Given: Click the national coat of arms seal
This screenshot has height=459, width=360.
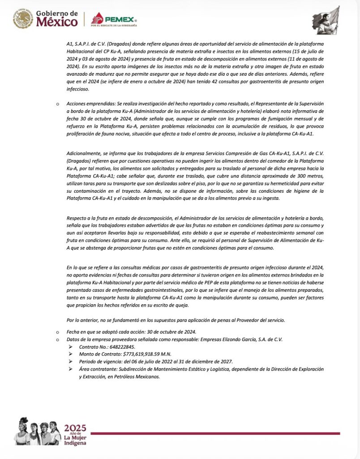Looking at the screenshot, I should point(22,19).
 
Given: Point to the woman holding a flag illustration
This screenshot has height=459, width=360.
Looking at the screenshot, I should point(326,20).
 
